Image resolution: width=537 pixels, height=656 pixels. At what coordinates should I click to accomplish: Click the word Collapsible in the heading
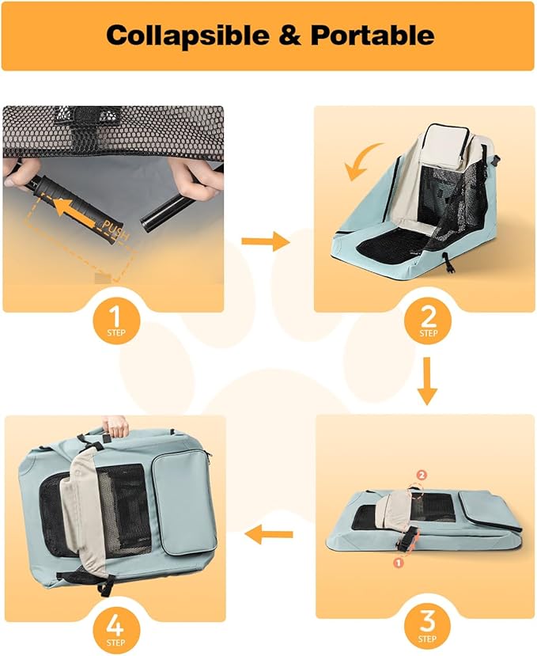(x=187, y=35)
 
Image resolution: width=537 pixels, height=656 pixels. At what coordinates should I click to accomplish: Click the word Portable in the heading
(x=372, y=35)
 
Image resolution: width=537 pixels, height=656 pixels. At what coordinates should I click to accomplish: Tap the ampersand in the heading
(x=290, y=35)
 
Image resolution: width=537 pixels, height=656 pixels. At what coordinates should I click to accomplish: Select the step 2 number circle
(x=428, y=320)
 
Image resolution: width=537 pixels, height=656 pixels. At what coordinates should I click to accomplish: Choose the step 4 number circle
(x=115, y=629)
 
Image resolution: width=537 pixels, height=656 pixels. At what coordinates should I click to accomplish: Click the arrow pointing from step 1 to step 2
(x=266, y=241)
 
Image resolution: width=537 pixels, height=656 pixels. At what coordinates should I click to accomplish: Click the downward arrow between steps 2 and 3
(x=427, y=381)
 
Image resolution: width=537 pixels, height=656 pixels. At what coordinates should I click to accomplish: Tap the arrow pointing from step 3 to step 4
(x=269, y=534)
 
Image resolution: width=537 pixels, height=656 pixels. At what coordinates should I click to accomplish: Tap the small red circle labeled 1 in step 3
(x=398, y=563)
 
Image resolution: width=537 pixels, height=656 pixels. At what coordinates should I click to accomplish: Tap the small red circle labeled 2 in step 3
(x=422, y=475)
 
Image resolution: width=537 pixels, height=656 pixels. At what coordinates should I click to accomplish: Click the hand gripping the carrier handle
(x=115, y=426)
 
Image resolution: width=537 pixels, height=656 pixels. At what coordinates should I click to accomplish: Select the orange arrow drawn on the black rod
(x=78, y=209)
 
